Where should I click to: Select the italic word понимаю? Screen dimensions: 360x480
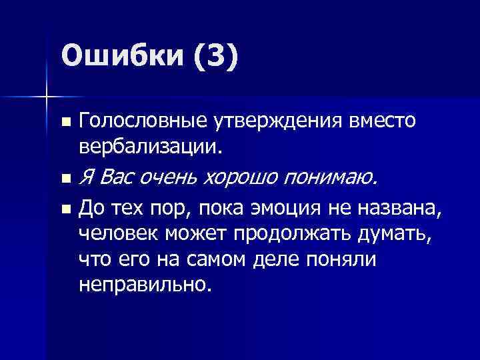click(333, 177)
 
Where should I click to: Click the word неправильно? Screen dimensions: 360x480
click(144, 285)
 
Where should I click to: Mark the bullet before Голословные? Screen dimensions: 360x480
click(65, 123)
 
